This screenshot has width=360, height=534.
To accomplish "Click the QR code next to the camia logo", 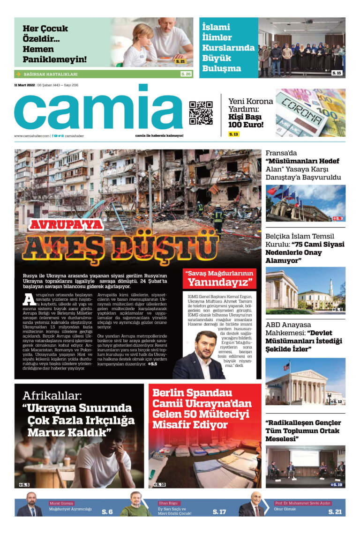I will [201, 112].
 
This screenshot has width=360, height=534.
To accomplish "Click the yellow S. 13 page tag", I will [233, 134].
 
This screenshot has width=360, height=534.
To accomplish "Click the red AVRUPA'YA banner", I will [66, 225].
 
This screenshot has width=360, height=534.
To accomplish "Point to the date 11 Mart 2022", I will [24, 85].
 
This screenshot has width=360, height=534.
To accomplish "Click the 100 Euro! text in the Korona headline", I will [246, 125].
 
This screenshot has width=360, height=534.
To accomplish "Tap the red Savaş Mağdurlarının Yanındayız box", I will [219, 278].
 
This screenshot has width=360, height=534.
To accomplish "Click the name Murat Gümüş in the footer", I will [61, 503].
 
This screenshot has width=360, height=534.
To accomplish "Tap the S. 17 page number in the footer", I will [219, 512].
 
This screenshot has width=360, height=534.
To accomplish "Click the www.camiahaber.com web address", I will [31, 136].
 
